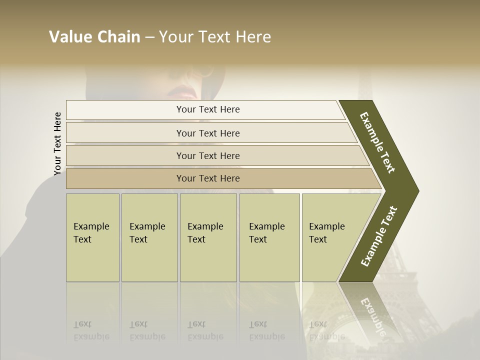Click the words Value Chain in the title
pos(94,37)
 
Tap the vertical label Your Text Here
pos(57,143)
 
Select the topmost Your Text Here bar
pos(208,109)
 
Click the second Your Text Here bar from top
pos(208,133)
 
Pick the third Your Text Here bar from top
pos(208,155)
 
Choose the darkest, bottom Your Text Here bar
pos(208,178)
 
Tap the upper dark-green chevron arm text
pos(378,142)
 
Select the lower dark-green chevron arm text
pos(379,236)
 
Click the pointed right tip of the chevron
pos(416,191)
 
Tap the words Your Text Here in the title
pos(215,37)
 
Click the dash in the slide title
pos(149,37)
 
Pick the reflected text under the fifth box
pos(326,330)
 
